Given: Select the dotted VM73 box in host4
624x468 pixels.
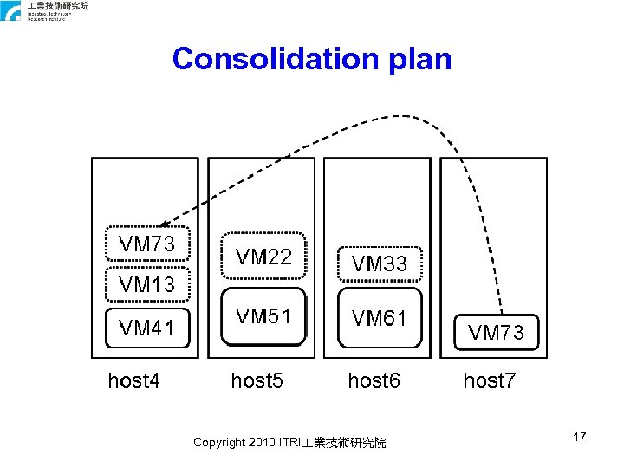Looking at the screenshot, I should [146, 245].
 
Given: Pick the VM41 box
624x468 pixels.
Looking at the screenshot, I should [146, 328].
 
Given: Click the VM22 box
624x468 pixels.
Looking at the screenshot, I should [263, 256].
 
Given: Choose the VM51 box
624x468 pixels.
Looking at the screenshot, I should [263, 316].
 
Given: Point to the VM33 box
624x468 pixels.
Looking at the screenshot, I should [379, 263].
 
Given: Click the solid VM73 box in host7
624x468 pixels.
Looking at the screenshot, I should [496, 332].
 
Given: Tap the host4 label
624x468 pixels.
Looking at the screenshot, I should [133, 380].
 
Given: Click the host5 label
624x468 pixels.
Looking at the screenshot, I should [257, 380].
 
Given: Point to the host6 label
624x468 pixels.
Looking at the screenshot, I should [374, 380].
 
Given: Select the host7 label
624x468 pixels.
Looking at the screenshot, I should [490, 380].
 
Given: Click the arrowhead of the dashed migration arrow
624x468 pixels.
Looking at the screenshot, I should [164, 223].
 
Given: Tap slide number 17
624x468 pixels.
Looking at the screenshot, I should [580, 438].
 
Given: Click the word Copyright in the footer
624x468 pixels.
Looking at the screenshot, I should [218, 443].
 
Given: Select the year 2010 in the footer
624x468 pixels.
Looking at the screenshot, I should [262, 443].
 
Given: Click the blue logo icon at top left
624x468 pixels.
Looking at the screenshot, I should [11, 11].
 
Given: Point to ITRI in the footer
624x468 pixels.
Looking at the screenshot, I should [289, 443].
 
